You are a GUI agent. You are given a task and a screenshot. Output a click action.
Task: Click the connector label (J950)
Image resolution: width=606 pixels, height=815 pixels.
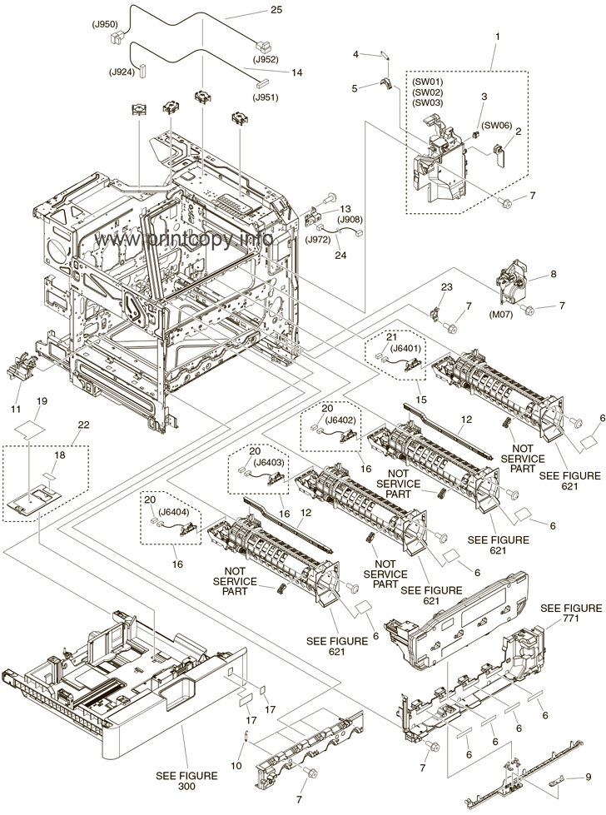[x=105, y=25]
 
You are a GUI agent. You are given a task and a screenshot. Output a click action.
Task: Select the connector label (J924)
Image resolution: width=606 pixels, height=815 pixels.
[x=122, y=71]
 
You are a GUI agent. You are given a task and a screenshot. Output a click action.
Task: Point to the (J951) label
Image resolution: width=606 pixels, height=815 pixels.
[x=267, y=97]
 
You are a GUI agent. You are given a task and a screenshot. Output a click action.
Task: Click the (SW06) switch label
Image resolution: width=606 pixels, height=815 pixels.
[x=497, y=126]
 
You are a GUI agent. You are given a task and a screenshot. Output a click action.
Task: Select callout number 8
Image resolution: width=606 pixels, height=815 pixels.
[x=552, y=274]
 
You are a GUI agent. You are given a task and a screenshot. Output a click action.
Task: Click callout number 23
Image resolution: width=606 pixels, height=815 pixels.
[x=446, y=287]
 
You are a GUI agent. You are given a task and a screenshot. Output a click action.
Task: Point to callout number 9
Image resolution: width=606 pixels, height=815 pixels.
[x=589, y=777]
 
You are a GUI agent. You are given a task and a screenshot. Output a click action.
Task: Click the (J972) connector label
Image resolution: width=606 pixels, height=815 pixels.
[x=319, y=239]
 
